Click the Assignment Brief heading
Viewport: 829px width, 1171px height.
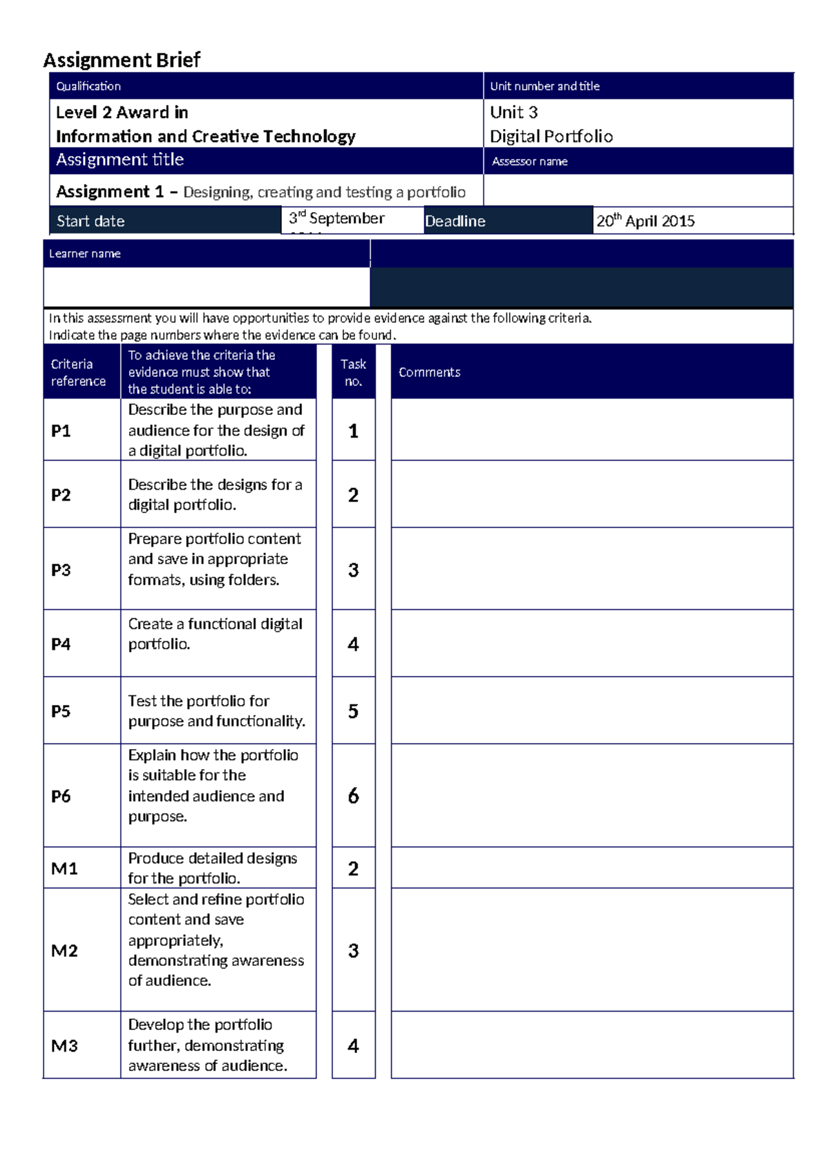coord(122,60)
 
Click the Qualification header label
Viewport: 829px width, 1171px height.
coord(88,86)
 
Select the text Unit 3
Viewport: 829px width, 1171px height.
coord(513,112)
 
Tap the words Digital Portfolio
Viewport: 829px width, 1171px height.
coord(551,136)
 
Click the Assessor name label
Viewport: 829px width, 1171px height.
coord(529,162)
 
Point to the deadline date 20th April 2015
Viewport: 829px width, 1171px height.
coord(645,221)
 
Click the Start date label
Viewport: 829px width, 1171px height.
coord(90,221)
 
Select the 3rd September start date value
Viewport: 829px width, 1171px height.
coord(336,218)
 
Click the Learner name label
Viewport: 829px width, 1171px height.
coord(84,253)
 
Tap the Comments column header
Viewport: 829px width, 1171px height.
coord(429,372)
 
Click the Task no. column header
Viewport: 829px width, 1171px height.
coord(353,372)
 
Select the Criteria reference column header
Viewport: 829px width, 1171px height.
coord(78,372)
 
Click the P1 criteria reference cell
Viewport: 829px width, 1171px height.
coord(61,431)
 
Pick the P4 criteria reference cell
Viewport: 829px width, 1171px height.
coord(61,644)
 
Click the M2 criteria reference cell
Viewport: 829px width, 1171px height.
coord(64,951)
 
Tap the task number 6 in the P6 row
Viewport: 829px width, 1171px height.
coord(353,796)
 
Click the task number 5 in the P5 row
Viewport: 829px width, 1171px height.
coord(353,711)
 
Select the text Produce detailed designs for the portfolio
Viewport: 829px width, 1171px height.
coord(212,868)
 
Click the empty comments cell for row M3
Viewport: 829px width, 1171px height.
coord(591,1045)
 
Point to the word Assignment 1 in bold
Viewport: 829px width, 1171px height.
coord(110,191)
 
